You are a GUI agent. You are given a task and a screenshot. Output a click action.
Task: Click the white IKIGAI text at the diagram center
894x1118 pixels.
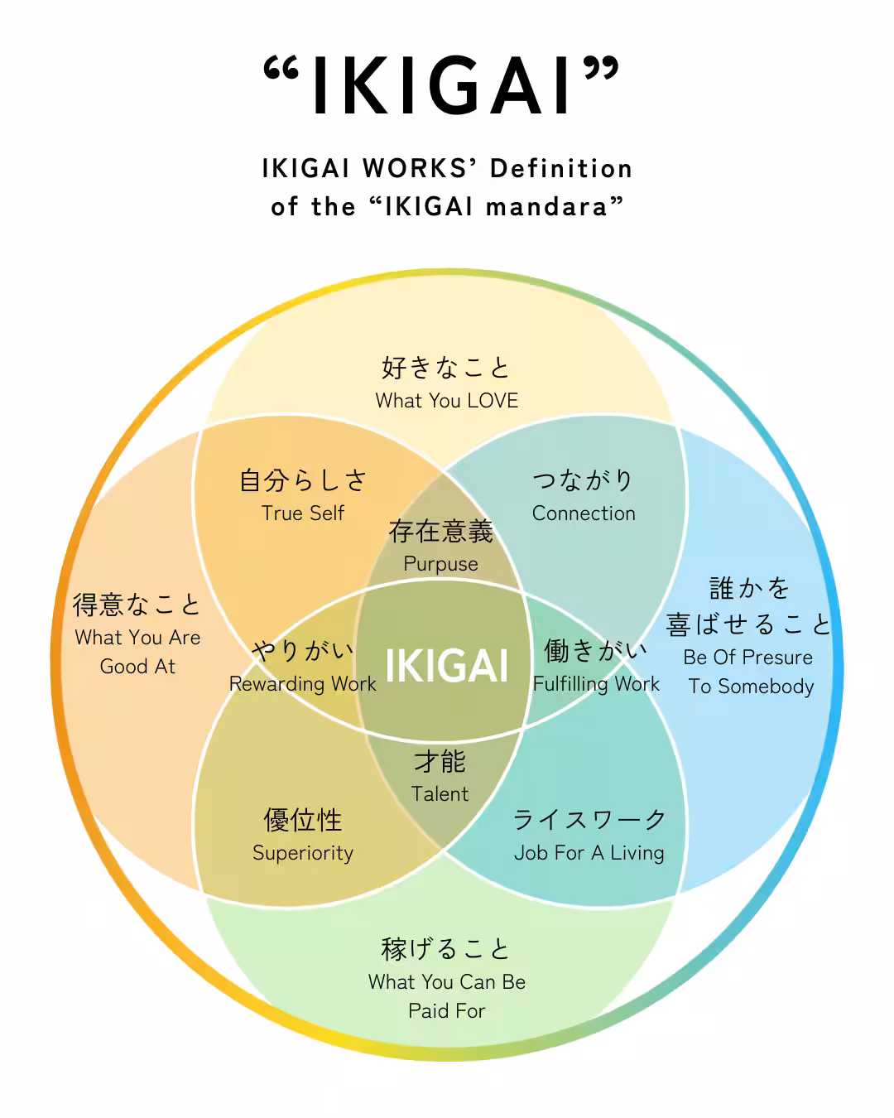point(447,666)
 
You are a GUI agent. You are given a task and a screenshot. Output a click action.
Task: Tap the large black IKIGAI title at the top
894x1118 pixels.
point(441,85)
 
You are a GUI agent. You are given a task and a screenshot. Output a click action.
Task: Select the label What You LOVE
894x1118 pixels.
point(447,401)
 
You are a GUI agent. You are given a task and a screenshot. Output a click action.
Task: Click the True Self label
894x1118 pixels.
point(303,513)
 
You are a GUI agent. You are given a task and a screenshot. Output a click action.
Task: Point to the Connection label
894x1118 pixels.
point(584,513)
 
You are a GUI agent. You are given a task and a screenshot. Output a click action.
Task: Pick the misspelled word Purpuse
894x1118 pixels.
point(440,564)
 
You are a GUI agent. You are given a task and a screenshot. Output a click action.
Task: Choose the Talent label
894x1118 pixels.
point(440,794)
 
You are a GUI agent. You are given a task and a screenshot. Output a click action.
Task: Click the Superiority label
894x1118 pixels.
point(303,854)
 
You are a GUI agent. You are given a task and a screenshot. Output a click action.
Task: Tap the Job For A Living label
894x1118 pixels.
point(589,854)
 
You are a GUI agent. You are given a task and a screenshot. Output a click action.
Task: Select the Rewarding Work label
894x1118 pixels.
point(303,684)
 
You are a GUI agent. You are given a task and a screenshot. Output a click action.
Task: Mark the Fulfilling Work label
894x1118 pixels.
point(596,684)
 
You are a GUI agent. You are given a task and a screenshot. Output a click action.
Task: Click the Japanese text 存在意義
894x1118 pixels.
point(440,532)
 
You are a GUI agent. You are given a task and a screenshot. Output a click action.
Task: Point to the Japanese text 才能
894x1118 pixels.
point(440,762)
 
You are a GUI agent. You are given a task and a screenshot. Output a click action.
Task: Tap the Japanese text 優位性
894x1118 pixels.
point(303,820)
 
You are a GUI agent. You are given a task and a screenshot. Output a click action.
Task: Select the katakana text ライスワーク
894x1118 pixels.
point(589,820)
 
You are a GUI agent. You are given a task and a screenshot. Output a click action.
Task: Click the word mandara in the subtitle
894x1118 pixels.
point(546,207)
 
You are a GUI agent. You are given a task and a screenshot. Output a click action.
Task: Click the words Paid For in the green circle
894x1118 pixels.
point(447,1011)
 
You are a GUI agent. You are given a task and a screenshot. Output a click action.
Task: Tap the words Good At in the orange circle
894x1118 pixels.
point(137,666)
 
